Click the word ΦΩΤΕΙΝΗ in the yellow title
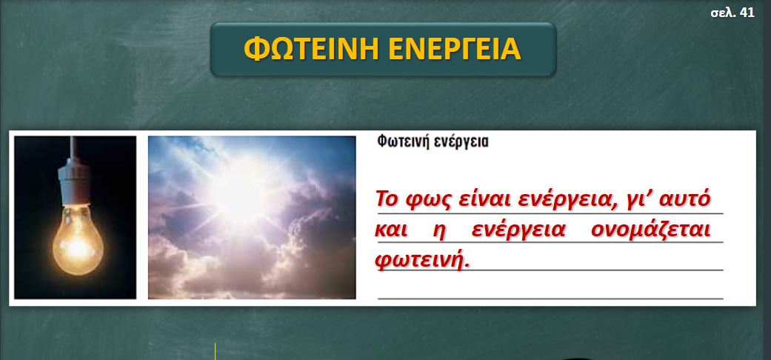click(x=311, y=49)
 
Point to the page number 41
click(x=747, y=13)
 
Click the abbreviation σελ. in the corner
click(x=724, y=13)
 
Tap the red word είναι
click(x=475, y=199)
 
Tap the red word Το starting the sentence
click(x=387, y=199)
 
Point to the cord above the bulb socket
click(x=73, y=148)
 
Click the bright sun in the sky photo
click(x=240, y=193)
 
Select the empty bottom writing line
click(x=550, y=299)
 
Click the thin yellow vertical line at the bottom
click(x=215, y=351)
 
